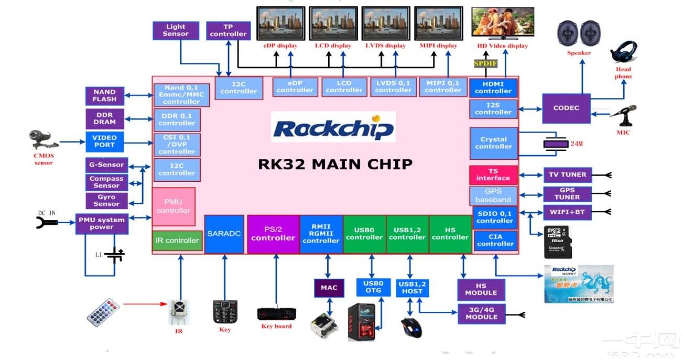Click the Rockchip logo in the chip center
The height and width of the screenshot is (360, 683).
pos(333,127)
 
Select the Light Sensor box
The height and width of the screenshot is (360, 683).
pos(176,30)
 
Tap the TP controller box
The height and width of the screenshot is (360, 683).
pos(228,30)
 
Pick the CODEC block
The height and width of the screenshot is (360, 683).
pos(566,108)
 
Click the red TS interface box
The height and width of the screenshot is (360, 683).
pos(493,174)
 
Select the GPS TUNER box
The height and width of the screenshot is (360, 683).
pos(567,194)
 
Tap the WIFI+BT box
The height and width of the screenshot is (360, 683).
pos(567,212)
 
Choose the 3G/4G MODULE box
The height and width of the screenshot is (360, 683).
pos(481,313)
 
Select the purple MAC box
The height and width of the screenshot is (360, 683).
pos(329,288)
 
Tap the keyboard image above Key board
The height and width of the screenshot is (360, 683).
pos(276,314)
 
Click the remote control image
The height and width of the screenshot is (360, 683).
pos(103,312)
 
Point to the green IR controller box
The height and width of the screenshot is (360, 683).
pos(177,241)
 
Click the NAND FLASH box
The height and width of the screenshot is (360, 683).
pos(105,96)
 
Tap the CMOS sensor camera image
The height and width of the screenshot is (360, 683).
pos(43,140)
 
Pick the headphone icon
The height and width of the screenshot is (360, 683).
pos(624,52)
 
